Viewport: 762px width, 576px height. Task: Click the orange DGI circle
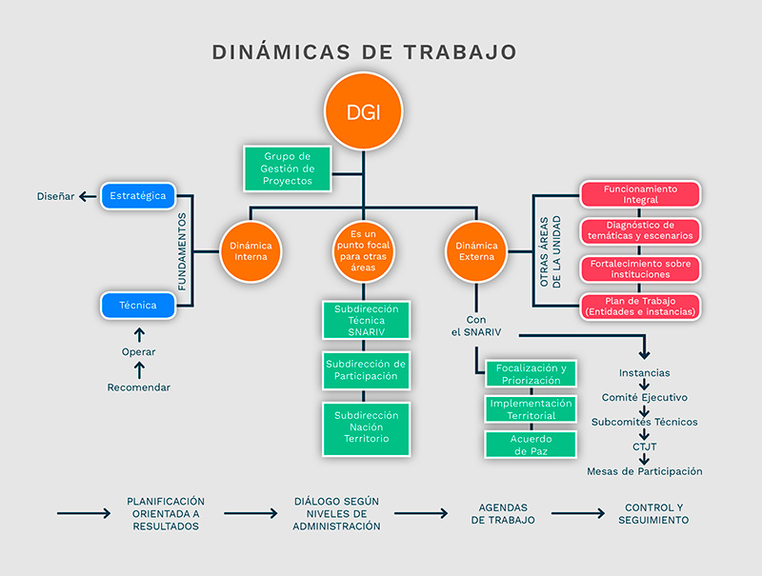click(362, 111)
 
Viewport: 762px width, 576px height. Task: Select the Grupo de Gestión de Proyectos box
click(287, 169)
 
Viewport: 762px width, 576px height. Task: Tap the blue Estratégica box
click(138, 196)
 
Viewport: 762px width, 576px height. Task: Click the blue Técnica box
click(138, 306)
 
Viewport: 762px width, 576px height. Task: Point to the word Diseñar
click(56, 197)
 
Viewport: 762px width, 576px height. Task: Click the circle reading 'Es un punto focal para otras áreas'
click(362, 251)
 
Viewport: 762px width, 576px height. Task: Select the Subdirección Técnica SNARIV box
click(367, 321)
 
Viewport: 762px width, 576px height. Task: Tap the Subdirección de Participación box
click(367, 369)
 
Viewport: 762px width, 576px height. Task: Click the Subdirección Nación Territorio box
click(367, 427)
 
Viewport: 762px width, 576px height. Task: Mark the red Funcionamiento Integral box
click(640, 194)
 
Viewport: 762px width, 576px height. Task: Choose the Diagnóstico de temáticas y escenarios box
click(640, 230)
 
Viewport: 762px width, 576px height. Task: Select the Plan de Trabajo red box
click(640, 306)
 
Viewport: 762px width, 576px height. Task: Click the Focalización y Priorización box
click(531, 374)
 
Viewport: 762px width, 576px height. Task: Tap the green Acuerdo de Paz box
click(531, 444)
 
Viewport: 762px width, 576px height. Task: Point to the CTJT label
click(645, 447)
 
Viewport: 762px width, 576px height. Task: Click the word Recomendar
click(139, 387)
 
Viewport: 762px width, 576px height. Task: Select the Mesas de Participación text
click(645, 471)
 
